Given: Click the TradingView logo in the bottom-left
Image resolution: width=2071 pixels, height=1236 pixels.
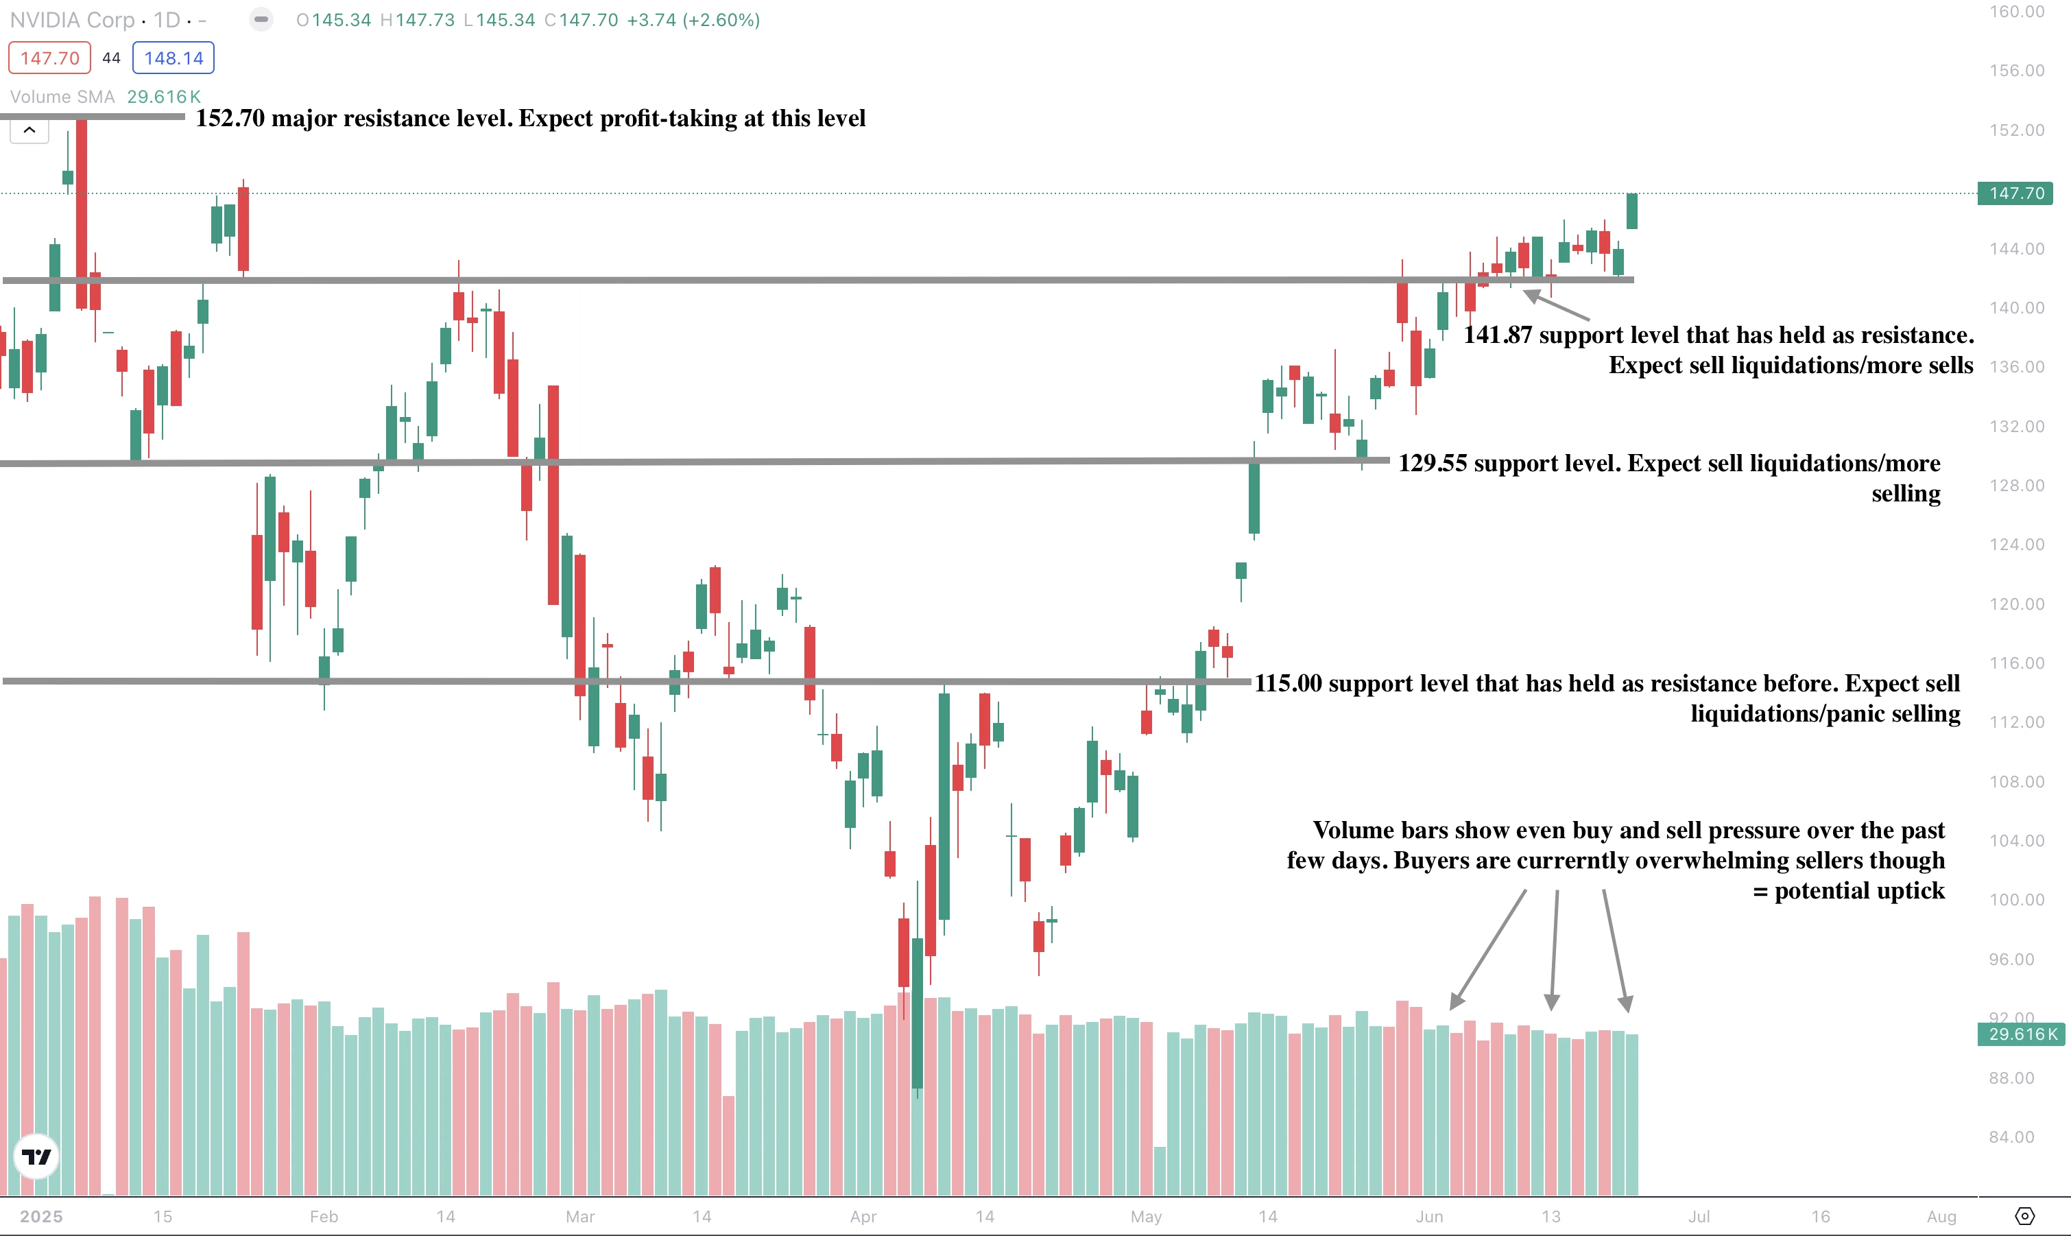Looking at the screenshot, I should click(x=36, y=1156).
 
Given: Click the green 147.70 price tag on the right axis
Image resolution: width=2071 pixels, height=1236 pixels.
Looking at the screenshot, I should click(x=2015, y=193).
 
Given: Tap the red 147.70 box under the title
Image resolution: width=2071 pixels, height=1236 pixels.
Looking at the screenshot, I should click(x=49, y=58).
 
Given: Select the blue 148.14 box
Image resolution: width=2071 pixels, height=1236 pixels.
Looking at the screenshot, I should click(x=173, y=58).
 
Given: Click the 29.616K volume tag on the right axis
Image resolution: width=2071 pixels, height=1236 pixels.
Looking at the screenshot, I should click(x=2022, y=1034).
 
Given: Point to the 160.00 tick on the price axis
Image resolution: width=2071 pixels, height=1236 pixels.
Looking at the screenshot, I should click(x=2016, y=12).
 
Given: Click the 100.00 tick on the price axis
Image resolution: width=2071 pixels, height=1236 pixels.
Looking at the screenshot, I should click(x=2016, y=899).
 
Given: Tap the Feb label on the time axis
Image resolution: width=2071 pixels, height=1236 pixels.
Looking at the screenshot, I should click(x=324, y=1216).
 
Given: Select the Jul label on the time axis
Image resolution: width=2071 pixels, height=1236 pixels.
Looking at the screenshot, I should click(x=1699, y=1216).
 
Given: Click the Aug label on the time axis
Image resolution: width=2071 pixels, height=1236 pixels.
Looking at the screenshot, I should click(x=1941, y=1216).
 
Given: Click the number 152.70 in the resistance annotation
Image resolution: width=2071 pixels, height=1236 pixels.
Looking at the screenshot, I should click(x=230, y=118).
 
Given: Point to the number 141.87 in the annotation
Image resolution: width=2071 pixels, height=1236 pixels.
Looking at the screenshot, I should click(x=1497, y=335).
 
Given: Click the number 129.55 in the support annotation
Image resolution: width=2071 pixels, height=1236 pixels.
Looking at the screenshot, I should click(x=1433, y=463).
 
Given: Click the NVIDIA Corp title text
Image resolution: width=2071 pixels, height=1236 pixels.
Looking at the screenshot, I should click(x=73, y=20).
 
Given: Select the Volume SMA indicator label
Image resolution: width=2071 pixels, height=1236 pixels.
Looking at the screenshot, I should click(x=62, y=97).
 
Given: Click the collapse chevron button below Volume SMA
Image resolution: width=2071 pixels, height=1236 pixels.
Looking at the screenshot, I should click(x=29, y=130).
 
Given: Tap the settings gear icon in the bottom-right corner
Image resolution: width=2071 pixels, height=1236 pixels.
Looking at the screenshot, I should click(x=2025, y=1216).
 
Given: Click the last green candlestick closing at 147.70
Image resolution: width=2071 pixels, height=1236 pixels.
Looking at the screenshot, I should click(x=1632, y=211).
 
